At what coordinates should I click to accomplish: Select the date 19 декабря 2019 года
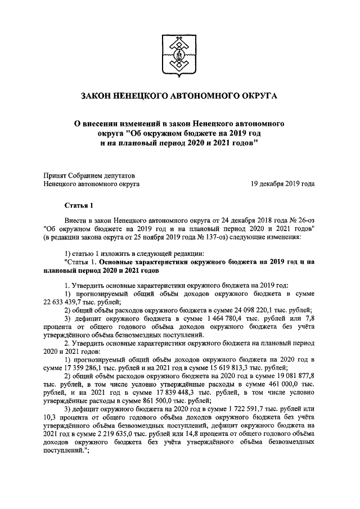pos(283,183)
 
